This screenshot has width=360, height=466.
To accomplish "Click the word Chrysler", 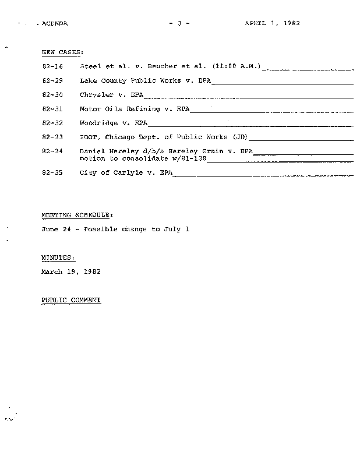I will (97, 95).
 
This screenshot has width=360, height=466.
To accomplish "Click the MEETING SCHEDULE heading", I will (73, 215).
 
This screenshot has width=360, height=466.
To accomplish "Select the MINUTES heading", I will (58, 257).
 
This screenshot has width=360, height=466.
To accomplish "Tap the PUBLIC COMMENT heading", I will (71, 300).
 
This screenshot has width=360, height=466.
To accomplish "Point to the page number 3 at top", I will (179, 23).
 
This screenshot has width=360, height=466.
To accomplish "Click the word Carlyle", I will (126, 173).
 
